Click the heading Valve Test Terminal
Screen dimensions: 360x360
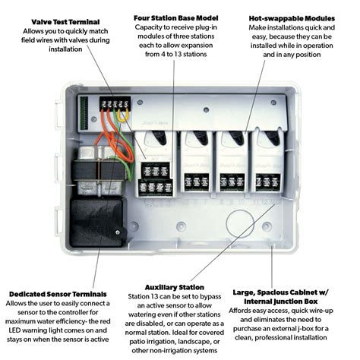point(65,22)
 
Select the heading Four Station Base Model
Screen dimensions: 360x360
point(175,18)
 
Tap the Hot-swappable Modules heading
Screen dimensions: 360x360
point(292,18)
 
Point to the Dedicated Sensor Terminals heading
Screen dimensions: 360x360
point(58,294)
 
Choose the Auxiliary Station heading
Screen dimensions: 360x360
point(175,287)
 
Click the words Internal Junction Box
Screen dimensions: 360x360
point(280,302)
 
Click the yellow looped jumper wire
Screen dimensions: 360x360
point(123,116)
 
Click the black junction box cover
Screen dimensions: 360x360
point(98,223)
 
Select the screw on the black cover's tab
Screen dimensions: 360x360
point(118,232)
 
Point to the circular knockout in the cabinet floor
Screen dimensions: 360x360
point(240,224)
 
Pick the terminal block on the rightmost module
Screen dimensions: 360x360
point(268,182)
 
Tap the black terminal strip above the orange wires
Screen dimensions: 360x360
point(115,103)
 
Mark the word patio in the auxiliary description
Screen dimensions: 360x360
point(137,342)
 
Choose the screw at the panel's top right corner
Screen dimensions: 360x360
point(273,103)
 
